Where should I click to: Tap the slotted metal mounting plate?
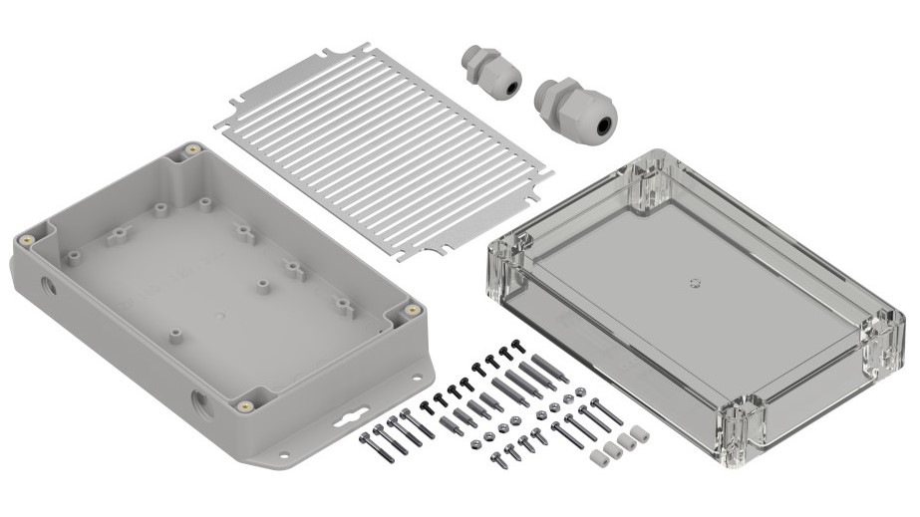point(384,149)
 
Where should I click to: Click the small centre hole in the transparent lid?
point(694,282)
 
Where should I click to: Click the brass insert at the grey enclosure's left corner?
point(26,241)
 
